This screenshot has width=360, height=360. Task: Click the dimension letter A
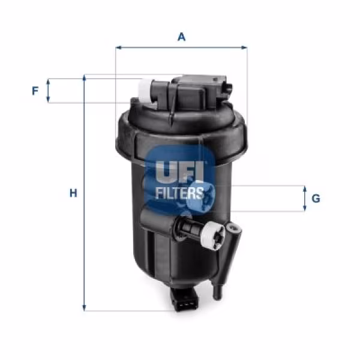pyautogui.click(x=181, y=37)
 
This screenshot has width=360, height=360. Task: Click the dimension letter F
pyautogui.click(x=35, y=91)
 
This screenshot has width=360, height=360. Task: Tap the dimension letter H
pyautogui.click(x=73, y=193)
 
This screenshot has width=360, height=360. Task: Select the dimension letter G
pyautogui.click(x=316, y=198)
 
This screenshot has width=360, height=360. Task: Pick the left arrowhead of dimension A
pyautogui.click(x=118, y=47)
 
